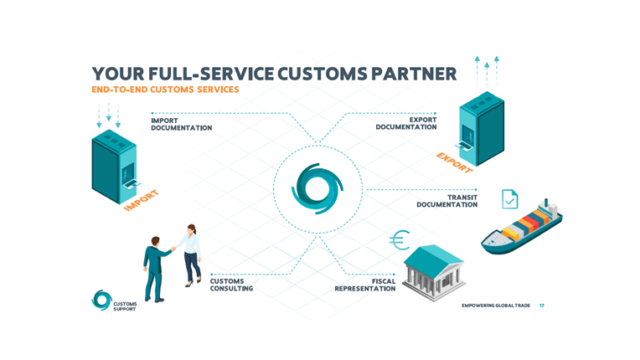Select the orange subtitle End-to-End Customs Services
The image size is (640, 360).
[x=165, y=90]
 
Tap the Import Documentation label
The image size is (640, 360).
[x=181, y=124]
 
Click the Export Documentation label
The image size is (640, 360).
[x=406, y=124]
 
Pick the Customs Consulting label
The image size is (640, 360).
[x=232, y=285]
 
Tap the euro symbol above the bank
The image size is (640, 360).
[x=400, y=241]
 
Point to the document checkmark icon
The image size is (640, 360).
[x=509, y=199]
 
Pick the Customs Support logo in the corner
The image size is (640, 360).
[x=113, y=301]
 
